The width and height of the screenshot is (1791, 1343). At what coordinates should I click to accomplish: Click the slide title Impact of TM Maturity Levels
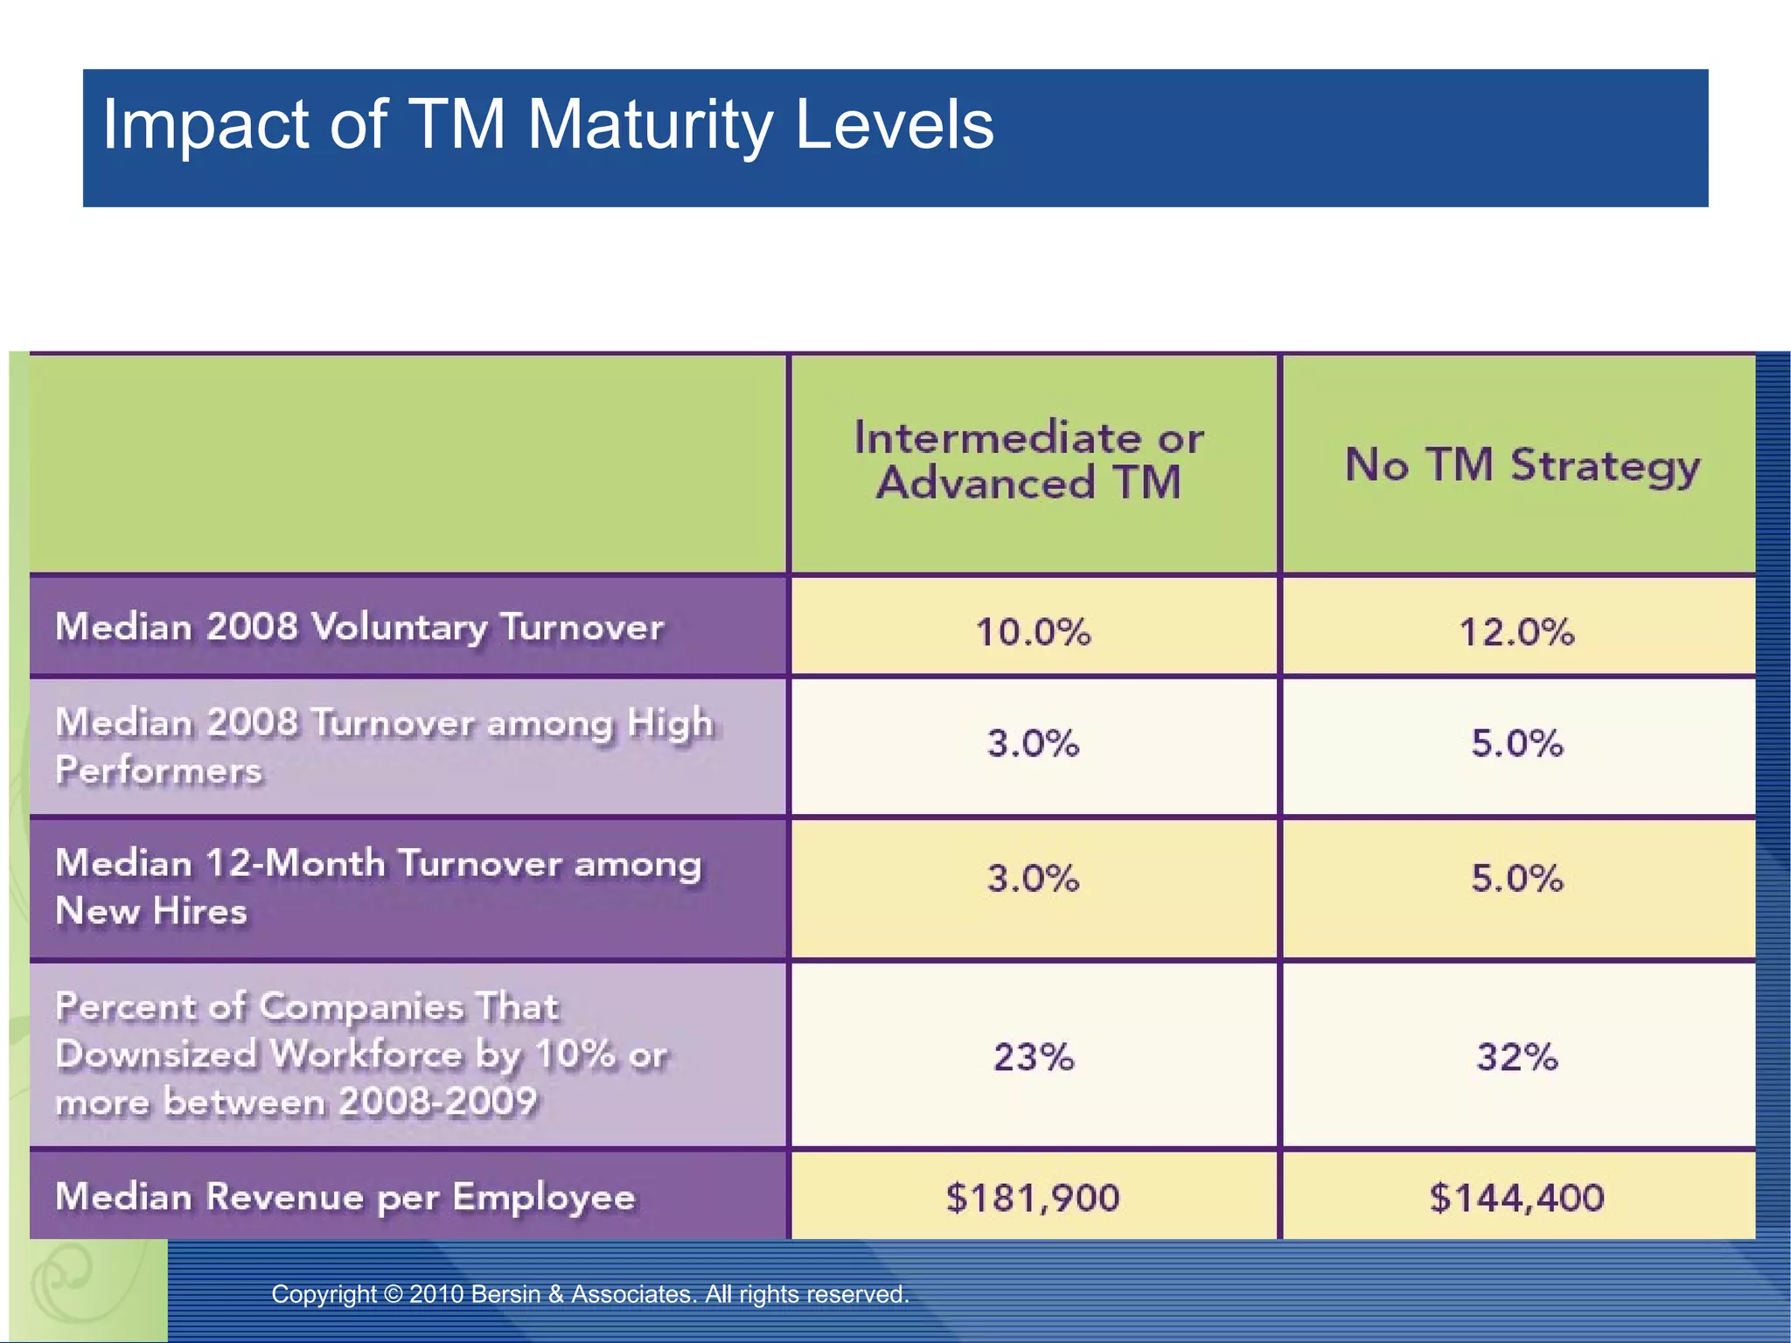coord(547,124)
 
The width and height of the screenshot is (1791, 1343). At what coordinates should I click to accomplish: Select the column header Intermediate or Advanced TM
coord(1028,461)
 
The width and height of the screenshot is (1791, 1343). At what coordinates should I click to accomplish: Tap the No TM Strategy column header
coord(1522,465)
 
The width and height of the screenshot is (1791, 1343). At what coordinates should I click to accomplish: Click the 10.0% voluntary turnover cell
coord(1033,632)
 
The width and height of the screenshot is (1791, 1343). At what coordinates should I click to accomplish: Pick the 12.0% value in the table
coord(1516,632)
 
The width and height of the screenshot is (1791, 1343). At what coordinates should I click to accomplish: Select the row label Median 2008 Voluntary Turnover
coord(359,628)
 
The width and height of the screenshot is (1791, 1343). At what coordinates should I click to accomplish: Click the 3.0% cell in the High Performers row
coord(1033,743)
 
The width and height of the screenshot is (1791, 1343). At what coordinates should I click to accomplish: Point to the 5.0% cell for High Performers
coord(1516,743)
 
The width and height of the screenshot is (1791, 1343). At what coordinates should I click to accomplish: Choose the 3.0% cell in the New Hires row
coord(1033,878)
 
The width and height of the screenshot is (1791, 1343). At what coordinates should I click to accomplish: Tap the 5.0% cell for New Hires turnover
coord(1516,878)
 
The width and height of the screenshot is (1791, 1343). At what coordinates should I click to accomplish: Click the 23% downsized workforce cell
coord(1033,1056)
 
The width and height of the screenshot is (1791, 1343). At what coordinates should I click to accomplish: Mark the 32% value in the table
coord(1516,1056)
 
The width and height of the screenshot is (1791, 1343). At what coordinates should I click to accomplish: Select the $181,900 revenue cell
coord(1033,1197)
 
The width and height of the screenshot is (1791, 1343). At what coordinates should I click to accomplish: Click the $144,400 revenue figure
coord(1516,1197)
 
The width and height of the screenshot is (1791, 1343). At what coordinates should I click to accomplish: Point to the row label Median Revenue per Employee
coord(345,1197)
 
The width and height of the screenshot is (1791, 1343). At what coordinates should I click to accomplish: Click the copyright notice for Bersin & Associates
coord(590,1294)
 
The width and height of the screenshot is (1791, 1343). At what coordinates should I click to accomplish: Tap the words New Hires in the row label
coord(151,911)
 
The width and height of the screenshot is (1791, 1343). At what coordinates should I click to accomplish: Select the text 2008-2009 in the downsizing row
coord(437,1102)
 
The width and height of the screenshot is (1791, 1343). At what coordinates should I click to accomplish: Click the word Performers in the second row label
coord(158,770)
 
